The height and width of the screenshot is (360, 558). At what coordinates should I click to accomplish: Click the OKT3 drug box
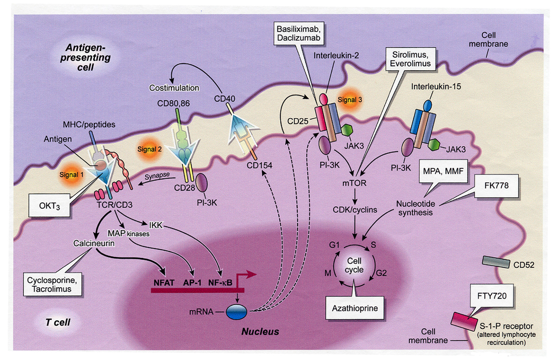point(49,206)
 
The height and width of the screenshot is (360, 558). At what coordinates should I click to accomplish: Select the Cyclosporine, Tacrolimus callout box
point(52,284)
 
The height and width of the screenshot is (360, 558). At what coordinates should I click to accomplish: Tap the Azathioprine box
point(355,308)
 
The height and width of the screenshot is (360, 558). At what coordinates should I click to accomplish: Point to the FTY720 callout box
point(492,296)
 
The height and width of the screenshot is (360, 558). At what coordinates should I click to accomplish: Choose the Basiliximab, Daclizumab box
point(298,33)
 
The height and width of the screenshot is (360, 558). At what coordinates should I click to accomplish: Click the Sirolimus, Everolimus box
point(410,59)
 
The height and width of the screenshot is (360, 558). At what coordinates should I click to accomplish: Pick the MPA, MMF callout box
point(443,171)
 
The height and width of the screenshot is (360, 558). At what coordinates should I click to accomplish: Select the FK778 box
point(496,186)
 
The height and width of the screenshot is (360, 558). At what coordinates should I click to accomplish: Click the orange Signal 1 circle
point(71,175)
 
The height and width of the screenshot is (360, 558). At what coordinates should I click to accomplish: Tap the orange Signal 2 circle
point(149,149)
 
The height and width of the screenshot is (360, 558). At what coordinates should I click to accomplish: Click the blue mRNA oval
point(236,312)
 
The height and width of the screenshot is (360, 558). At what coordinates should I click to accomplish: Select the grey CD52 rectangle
point(496,262)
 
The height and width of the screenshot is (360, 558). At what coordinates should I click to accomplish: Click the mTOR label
point(354,183)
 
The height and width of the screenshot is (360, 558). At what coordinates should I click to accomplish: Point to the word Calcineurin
point(94,243)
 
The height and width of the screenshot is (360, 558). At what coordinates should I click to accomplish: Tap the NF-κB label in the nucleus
point(220,282)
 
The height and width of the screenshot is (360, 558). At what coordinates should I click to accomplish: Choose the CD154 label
point(260,165)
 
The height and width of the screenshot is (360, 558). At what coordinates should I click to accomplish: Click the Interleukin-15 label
point(436,87)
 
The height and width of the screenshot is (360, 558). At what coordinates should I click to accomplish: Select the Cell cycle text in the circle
point(354,265)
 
